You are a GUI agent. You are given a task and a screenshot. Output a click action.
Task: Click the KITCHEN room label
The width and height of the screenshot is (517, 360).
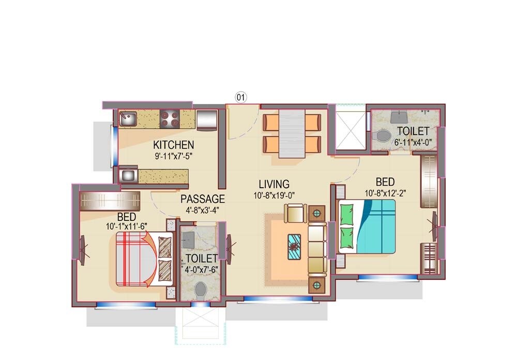173,145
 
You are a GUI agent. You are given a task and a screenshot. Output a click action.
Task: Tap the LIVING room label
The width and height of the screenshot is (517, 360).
274,184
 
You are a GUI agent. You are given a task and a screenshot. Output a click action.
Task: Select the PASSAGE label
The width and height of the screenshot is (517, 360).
203,199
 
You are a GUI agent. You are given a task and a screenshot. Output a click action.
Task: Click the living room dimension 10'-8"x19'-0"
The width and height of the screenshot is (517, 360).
274,195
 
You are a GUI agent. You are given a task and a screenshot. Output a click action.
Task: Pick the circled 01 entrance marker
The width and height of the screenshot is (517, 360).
241,96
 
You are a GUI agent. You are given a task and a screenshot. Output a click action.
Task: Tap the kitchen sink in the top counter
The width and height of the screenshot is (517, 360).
127,120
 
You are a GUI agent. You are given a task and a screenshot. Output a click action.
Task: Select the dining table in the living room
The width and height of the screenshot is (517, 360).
292,133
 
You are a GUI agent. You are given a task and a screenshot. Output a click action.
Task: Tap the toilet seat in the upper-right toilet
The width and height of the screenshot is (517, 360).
383,136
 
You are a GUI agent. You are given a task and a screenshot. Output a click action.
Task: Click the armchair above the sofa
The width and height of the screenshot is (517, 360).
295,213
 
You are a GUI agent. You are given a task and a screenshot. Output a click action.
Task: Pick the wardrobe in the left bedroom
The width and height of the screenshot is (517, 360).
110,201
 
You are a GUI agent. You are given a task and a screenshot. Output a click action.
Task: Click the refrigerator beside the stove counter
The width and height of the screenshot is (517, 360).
207,119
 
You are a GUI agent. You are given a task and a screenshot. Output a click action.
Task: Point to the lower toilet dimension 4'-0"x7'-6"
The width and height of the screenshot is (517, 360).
201,269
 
